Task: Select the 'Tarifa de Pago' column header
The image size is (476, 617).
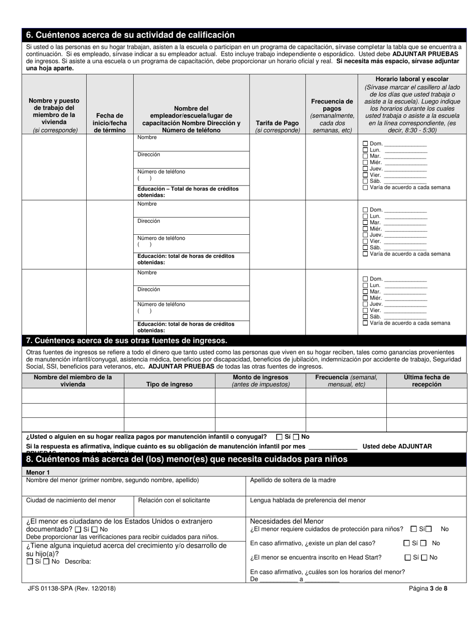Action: click(277, 126)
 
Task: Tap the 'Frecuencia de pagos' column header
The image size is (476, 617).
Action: click(332, 115)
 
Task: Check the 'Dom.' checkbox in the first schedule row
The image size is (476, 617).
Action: click(365, 143)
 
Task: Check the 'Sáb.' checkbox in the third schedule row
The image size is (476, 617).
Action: click(365, 317)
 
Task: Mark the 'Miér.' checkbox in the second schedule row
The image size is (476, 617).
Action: click(365, 229)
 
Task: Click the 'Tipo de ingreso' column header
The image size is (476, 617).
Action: click(169, 384)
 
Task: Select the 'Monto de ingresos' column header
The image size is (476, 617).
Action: click(261, 381)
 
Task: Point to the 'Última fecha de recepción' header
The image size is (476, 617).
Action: click(426, 381)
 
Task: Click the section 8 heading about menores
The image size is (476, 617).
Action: click(186, 459)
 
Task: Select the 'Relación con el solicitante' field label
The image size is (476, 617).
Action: click(174, 500)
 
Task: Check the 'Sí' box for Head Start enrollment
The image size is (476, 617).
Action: click(408, 557)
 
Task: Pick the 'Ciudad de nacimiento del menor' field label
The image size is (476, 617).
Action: click(71, 500)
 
